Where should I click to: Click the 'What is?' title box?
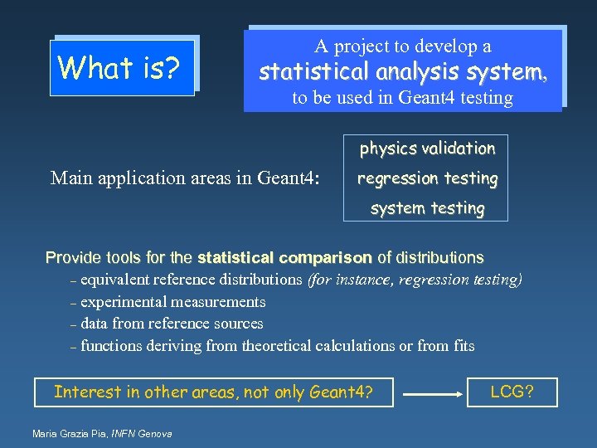(122, 67)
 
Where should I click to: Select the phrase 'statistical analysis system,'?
(403, 72)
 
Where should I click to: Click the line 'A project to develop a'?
(402, 46)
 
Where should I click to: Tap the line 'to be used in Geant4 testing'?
(402, 98)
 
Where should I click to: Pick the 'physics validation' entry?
(426, 149)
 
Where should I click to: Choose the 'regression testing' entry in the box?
(426, 178)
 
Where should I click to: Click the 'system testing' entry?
(426, 208)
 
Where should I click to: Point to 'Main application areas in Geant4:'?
(185, 178)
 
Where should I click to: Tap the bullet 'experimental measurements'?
(172, 302)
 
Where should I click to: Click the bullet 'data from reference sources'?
(172, 324)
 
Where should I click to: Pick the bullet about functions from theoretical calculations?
(277, 345)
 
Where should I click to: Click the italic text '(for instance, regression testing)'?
(415, 280)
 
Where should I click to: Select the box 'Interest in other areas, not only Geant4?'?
(213, 392)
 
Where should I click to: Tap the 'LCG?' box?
(512, 392)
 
